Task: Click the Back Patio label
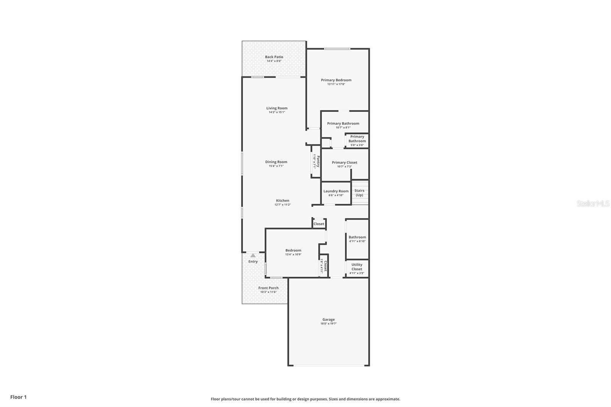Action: coord(274,57)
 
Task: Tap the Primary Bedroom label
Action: coord(336,80)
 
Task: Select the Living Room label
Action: coord(277,108)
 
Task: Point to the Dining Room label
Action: coord(276,162)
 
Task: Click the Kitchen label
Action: coord(283,200)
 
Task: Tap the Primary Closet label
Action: coord(344,162)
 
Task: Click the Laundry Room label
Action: coord(336,191)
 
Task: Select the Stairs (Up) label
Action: coord(359,193)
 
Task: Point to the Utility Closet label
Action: coord(357,267)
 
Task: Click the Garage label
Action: coord(328,320)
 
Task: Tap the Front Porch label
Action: coord(268,288)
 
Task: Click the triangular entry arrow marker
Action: coord(253,255)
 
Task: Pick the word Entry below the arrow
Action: coord(253,262)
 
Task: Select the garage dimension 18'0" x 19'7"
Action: coord(328,324)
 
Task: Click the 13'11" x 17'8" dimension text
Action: coord(336,84)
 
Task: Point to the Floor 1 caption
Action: coord(18,397)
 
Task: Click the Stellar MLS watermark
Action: coord(593,203)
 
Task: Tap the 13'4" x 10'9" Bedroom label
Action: coord(293,250)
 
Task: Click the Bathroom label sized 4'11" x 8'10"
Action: coord(357,237)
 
